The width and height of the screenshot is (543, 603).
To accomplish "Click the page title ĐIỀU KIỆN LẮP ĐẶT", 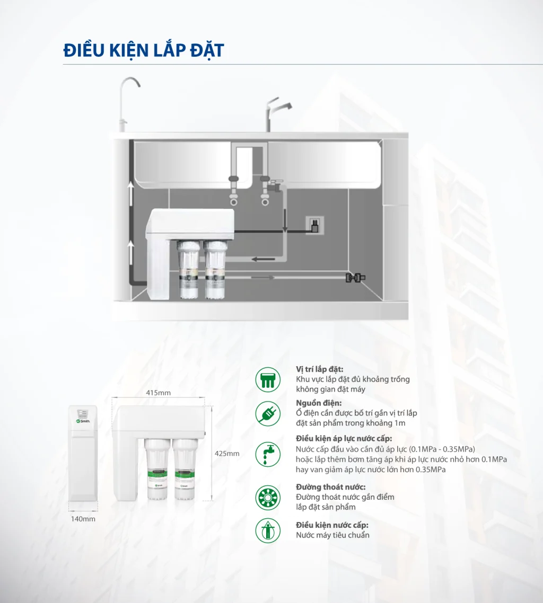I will click(x=143, y=50).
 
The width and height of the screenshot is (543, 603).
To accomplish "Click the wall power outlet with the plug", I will click(x=314, y=226).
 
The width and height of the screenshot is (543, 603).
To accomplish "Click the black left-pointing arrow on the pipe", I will click(x=262, y=259).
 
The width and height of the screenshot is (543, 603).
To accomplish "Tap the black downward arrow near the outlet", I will click(x=285, y=222).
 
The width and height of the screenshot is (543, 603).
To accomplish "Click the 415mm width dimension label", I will click(x=158, y=393).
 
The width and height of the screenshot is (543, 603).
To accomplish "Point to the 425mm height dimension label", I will click(x=226, y=454).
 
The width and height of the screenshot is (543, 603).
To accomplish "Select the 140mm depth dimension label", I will click(x=83, y=519).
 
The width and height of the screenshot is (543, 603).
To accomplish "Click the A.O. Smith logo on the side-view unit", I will click(x=83, y=420).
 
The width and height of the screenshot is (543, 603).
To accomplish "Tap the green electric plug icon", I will click(x=268, y=413).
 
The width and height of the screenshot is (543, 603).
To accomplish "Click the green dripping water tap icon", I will click(x=268, y=454).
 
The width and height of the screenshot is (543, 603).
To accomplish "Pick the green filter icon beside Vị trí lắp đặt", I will click(x=268, y=379).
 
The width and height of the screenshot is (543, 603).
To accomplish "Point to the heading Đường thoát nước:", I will click(x=330, y=487).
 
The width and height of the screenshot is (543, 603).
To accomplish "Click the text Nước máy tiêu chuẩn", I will click(x=332, y=535).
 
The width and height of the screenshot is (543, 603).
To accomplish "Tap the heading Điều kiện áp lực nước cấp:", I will click(x=344, y=438).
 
